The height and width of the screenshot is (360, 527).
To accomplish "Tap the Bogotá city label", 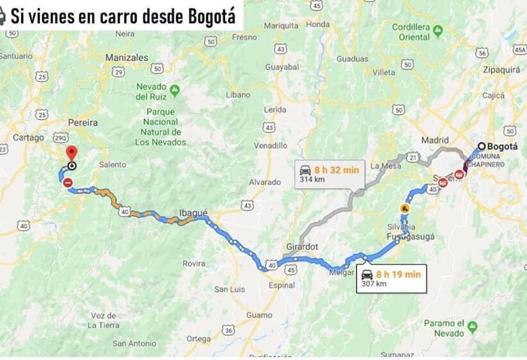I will pyautogui.click(x=502, y=147).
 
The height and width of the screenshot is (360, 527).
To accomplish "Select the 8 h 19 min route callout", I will pyautogui.click(x=391, y=278).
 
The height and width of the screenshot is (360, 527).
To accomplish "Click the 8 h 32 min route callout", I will pyautogui.click(x=329, y=174).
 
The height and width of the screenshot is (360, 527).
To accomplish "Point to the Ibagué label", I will pyautogui.click(x=193, y=213).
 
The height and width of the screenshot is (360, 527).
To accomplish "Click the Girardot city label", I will pyautogui.click(x=302, y=247).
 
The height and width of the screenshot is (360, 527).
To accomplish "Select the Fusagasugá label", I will pyautogui.click(x=411, y=237).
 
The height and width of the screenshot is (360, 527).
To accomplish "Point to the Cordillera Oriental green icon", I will pyautogui.click(x=438, y=30).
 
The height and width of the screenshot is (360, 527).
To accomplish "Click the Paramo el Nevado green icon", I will pyautogui.click(x=472, y=327).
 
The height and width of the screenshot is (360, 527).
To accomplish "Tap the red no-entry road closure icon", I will pyautogui.click(x=68, y=183).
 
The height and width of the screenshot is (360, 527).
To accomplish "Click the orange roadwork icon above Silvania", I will pyautogui.click(x=405, y=208).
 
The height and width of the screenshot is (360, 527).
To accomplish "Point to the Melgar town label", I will pyautogui.click(x=341, y=272).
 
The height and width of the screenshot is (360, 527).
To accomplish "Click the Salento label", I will pyautogui.click(x=112, y=165).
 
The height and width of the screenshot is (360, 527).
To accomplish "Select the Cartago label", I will pyautogui.click(x=28, y=137).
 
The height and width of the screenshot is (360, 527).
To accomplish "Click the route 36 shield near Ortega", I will pyautogui.click(x=228, y=330).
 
